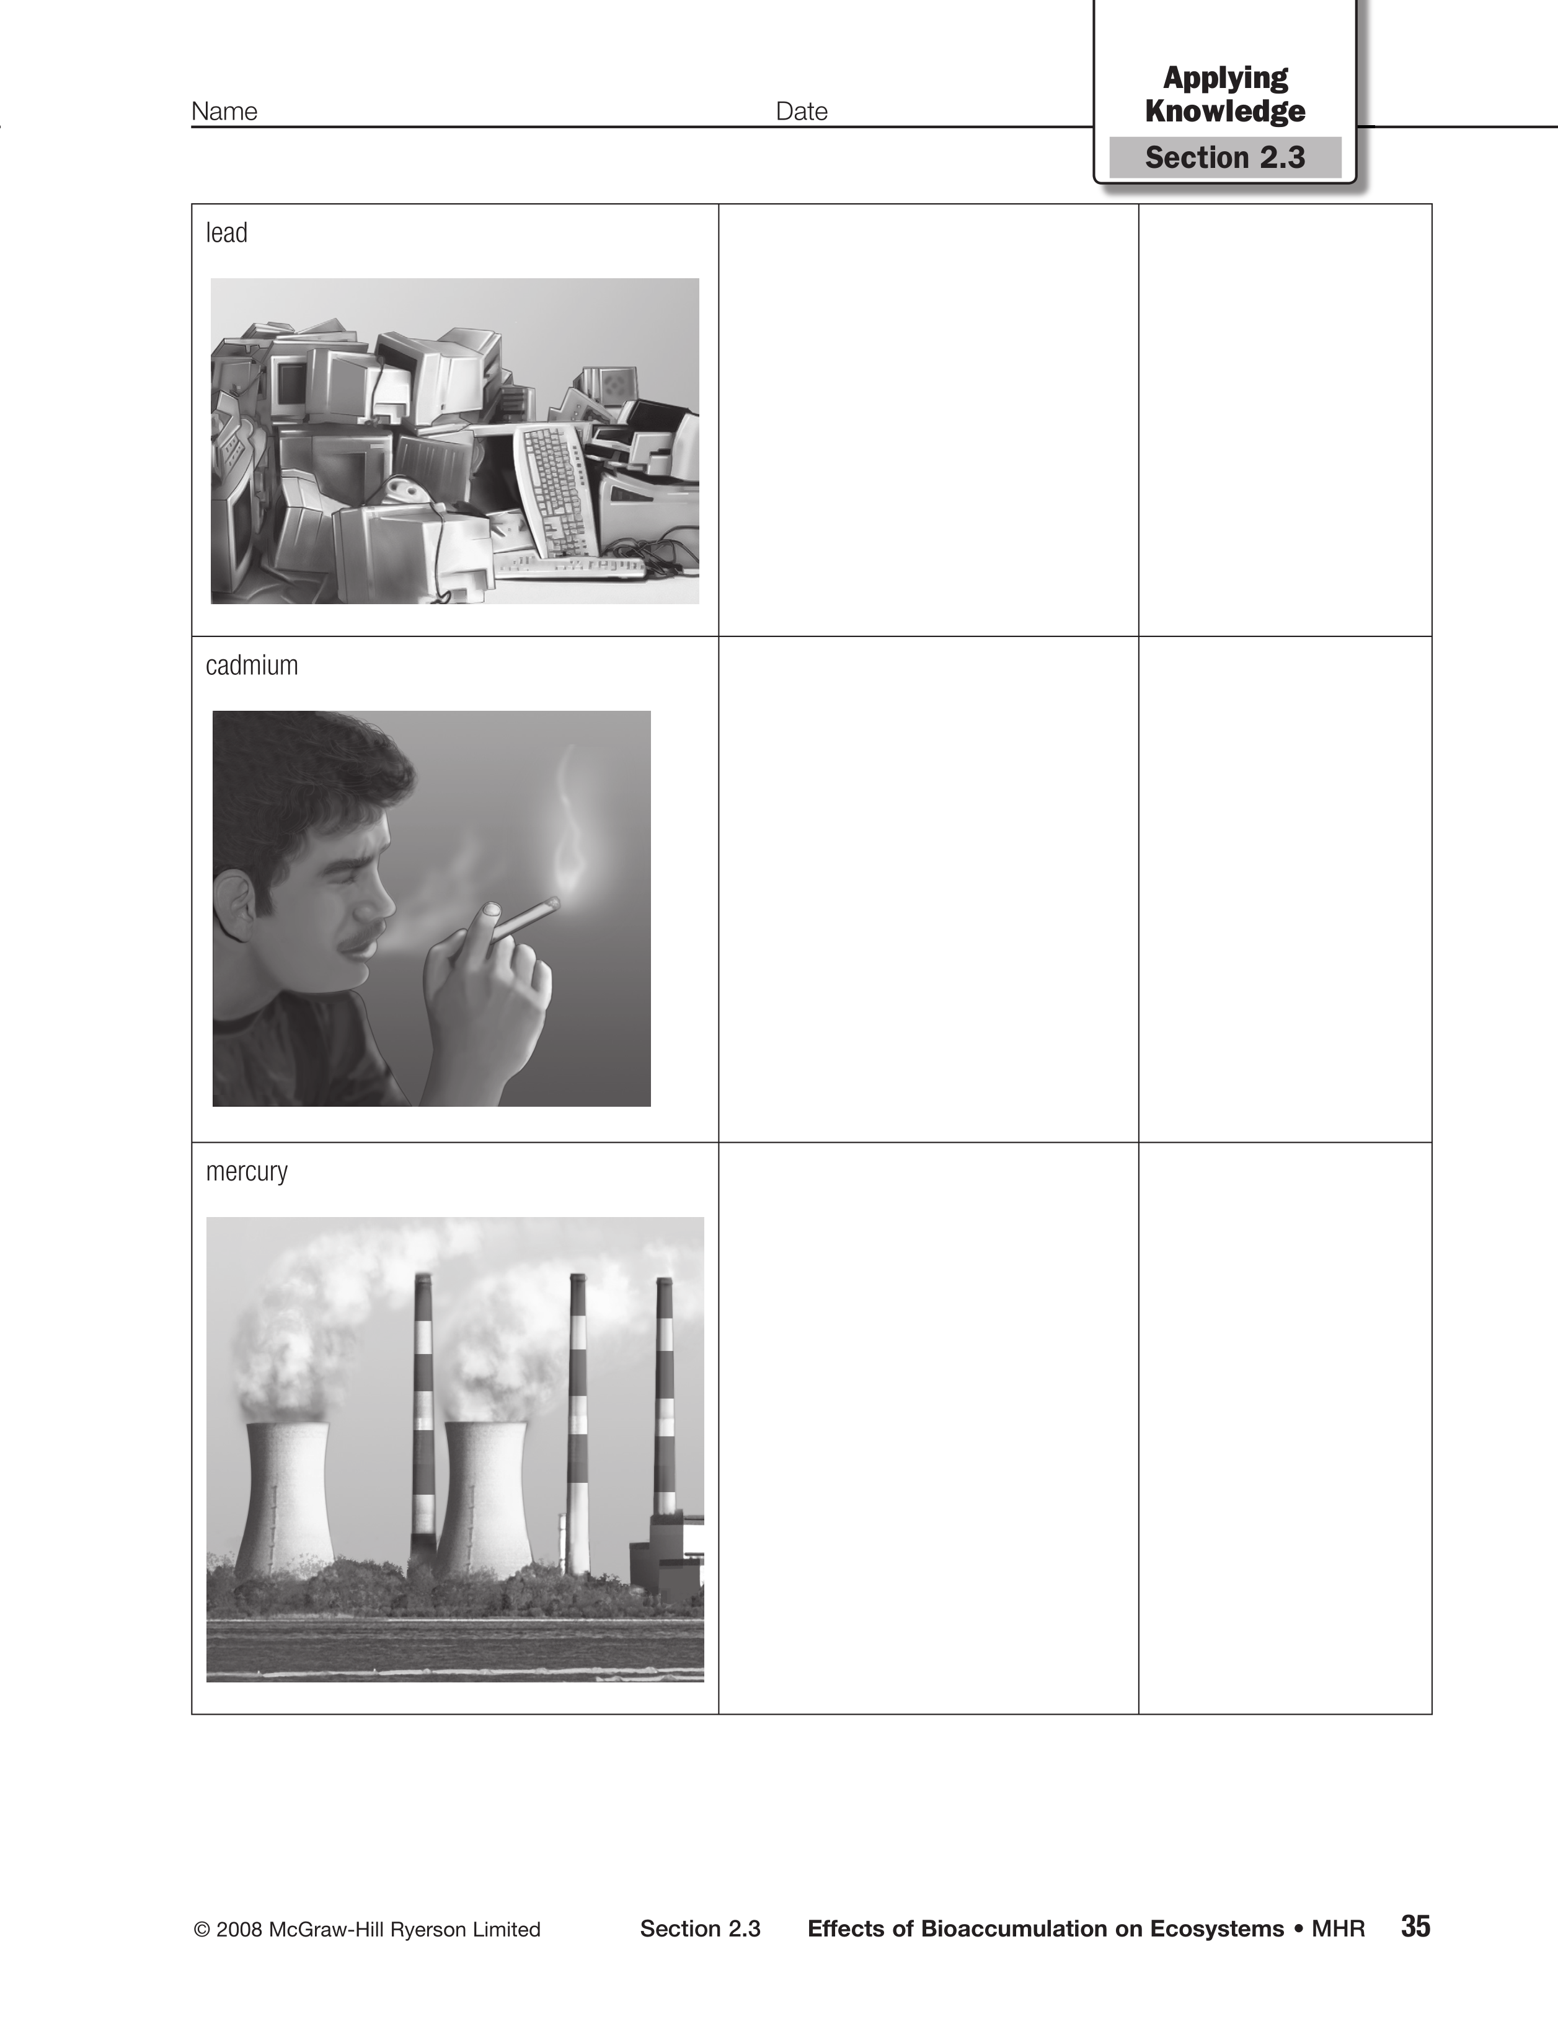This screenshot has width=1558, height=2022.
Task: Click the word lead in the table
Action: (x=226, y=232)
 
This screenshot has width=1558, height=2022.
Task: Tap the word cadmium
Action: (x=252, y=665)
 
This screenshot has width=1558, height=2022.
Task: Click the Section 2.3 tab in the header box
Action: (x=1224, y=157)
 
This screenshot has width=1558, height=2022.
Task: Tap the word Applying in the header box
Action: (x=1224, y=79)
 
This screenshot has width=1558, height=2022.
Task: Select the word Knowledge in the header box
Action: (x=1224, y=111)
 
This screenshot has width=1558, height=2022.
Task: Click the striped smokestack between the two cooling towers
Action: (x=422, y=1417)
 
